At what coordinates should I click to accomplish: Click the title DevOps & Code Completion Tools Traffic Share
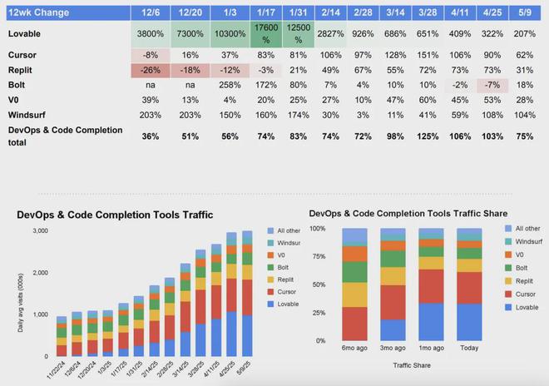click(408, 214)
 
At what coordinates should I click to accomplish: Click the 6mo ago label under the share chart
click(355, 349)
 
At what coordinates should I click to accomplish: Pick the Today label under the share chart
click(468, 349)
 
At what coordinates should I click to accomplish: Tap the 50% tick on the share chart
click(319, 285)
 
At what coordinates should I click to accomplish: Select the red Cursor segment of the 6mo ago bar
click(355, 324)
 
